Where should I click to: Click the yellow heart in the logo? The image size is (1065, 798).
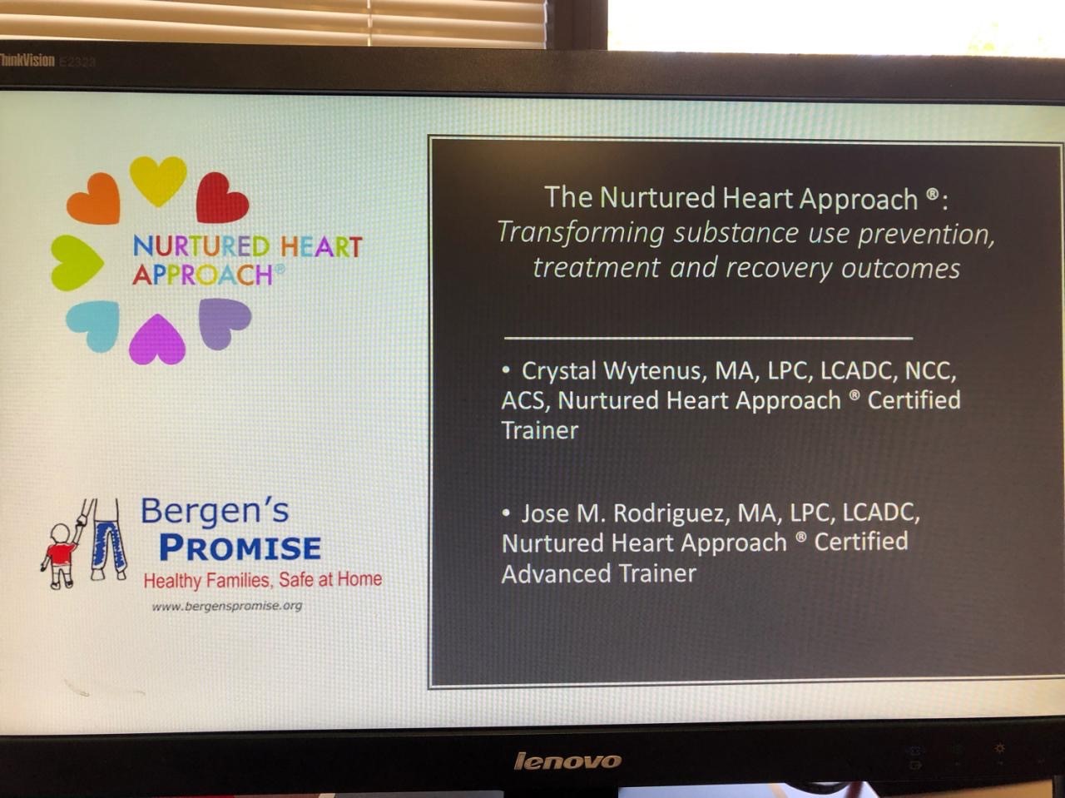pos(158,180)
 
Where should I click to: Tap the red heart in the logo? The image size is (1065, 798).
pos(220,199)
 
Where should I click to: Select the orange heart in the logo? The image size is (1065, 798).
pos(94,199)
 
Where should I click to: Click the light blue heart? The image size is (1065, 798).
pos(94,325)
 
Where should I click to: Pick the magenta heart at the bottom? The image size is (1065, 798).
pos(157,340)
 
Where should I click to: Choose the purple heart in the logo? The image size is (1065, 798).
pos(224,323)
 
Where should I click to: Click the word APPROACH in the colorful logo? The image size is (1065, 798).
pos(203,275)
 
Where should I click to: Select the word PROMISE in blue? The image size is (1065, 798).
pos(240,548)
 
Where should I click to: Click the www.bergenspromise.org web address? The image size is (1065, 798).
pos(227,606)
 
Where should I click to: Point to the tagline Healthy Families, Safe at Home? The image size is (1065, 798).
pos(263,580)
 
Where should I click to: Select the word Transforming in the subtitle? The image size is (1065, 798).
pos(581,233)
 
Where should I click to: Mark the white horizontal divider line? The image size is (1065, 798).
pos(708,337)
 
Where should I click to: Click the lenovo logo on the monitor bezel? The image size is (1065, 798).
pos(567,761)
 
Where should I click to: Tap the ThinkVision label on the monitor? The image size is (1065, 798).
pos(27,61)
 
